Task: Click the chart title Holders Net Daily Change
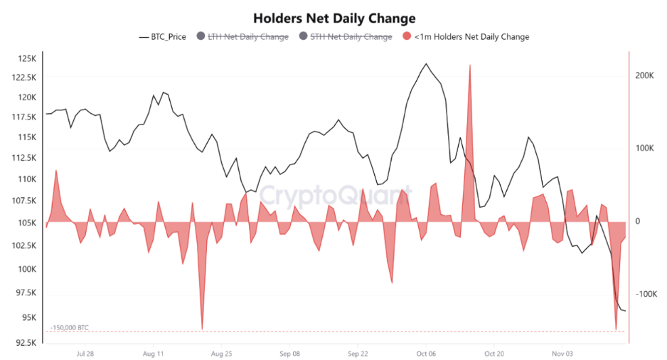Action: tap(334, 18)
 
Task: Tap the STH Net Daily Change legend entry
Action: tap(351, 36)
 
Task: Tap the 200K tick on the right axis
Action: tap(645, 75)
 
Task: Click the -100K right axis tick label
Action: tap(646, 295)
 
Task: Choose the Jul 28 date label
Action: tap(85, 353)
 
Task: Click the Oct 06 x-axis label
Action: tap(426, 353)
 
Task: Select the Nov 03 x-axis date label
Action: tap(562, 353)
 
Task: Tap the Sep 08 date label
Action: tap(290, 353)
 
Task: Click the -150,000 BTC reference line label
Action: tap(70, 327)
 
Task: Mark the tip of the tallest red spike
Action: tap(470, 65)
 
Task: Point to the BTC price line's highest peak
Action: tap(426, 64)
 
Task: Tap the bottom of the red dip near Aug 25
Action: tap(202, 329)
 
